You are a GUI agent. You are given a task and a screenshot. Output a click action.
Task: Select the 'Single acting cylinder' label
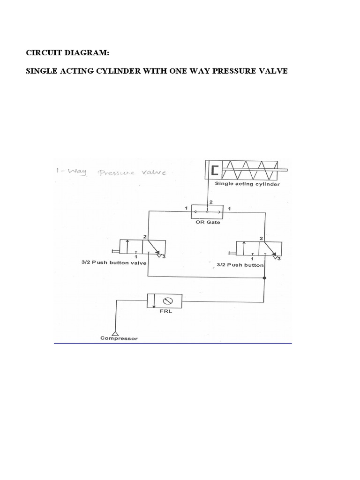coord(247,184)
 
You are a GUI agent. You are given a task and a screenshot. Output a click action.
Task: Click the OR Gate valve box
coord(207,212)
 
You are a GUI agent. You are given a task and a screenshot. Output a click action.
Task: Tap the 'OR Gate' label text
coord(207,223)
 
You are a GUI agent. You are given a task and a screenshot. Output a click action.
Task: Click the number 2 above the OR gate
coord(210,202)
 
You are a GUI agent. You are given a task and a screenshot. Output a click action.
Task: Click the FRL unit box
coord(164,300)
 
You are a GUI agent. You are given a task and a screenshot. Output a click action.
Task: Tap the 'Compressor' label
coord(119,338)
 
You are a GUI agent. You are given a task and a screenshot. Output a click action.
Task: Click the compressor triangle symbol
coord(115,332)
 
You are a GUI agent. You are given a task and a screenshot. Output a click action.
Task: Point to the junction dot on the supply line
coord(265,278)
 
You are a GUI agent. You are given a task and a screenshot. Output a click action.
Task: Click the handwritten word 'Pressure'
coord(115,172)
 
